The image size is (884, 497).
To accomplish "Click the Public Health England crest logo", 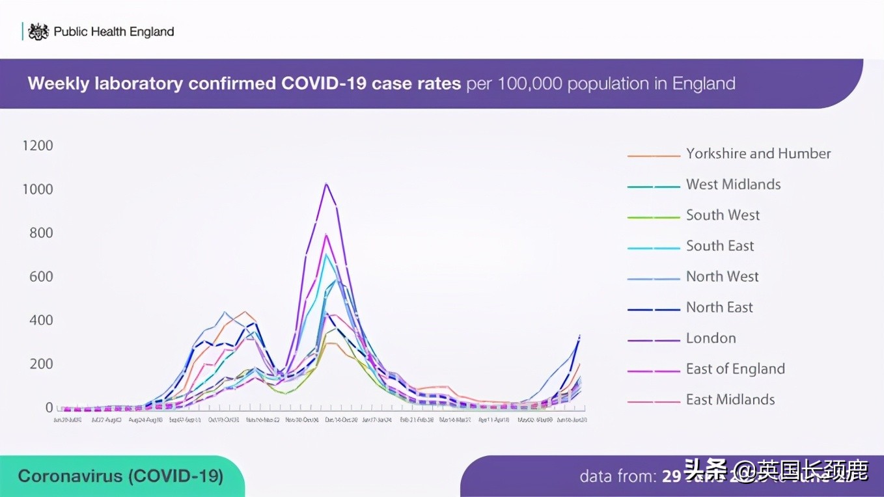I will coord(38,31).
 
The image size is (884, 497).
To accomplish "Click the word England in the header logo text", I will coord(151,31).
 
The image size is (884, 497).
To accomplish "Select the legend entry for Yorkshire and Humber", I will coord(758,154).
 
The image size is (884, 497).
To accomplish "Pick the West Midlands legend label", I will coord(733,185).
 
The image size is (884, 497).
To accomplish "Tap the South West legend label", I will coord(723,215).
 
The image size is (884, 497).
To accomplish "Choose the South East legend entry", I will coord(720,246).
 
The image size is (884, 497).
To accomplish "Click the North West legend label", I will coord(722,276).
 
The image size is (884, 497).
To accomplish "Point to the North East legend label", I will coord(719,308).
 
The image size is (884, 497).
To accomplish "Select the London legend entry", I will coord(711,338).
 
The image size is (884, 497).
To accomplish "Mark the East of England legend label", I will coord(735,369).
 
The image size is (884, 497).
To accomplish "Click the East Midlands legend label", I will coord(730,399).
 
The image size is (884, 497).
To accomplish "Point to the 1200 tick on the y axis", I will coord(38,145).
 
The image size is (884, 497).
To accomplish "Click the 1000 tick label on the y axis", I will coord(38,189).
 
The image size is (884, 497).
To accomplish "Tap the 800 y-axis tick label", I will coord(41,233).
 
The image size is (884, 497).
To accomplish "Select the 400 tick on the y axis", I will coord(41,320).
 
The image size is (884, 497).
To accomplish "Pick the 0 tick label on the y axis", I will coord(49,408).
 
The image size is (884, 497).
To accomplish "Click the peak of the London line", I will coord(325,184).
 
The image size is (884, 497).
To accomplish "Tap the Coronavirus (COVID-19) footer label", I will coord(120,476).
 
